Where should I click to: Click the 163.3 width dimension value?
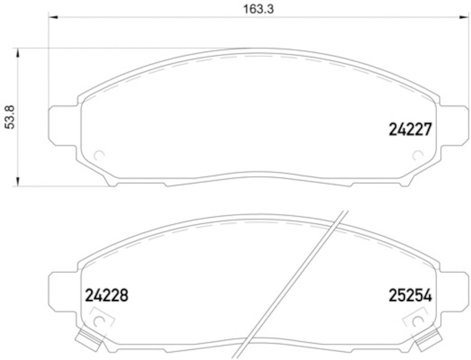pos(258,9)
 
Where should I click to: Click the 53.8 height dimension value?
pos(11,117)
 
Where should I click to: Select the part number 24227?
pos(410,129)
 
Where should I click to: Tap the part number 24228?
pos(107,295)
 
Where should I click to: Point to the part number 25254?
pos(410,295)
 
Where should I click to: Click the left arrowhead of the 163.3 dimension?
pos(53,17)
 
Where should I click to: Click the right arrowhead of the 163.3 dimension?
pos(464,17)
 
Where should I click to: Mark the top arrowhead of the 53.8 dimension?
pos(18,53)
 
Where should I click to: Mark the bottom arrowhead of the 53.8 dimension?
pos(18,181)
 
